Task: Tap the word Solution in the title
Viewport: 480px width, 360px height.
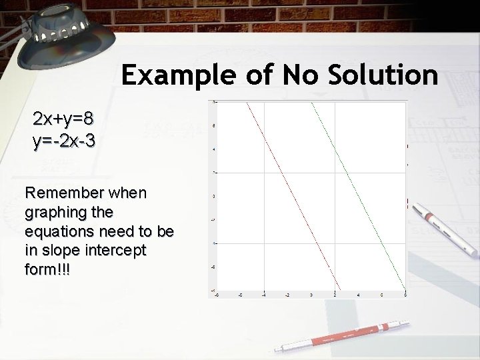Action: point(382,76)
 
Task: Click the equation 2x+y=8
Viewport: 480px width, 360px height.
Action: point(63,120)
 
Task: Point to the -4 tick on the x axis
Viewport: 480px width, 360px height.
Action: point(264,294)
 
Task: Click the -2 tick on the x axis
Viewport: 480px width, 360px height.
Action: point(287,294)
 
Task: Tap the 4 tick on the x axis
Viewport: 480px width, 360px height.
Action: point(358,294)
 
